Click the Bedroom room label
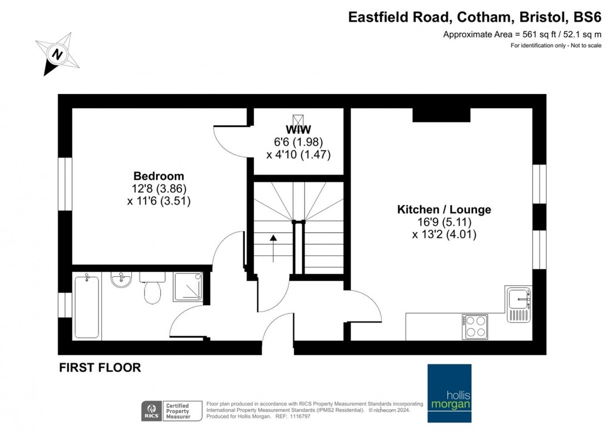159,176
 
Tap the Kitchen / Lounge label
444,210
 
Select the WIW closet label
298,129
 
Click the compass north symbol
56,54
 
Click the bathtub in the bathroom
87,306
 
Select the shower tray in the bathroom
187,287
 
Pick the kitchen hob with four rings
475,326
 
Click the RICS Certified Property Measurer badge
167,410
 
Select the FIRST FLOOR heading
100,368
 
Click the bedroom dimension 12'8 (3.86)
159,189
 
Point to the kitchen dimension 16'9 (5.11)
444,222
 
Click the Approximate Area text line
522,34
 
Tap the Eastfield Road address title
475,17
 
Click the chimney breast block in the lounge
442,114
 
